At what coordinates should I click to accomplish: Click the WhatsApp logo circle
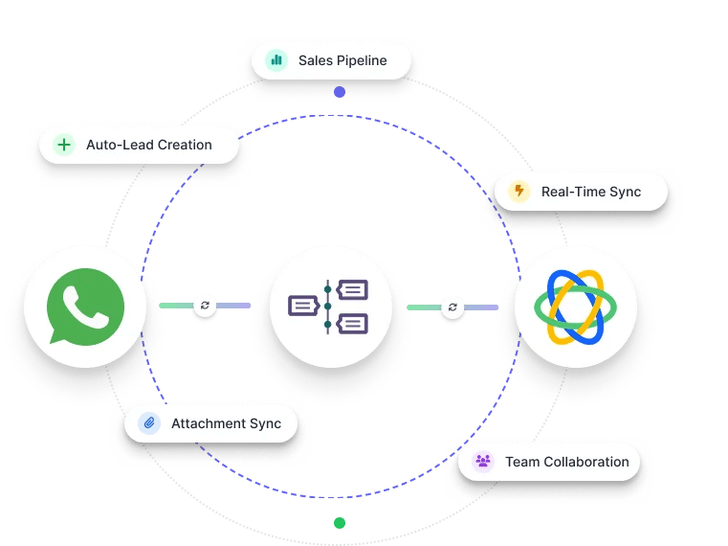click(86, 307)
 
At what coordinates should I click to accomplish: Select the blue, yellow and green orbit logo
click(575, 307)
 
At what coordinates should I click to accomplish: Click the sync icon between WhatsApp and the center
click(205, 306)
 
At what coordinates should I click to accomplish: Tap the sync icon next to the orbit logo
click(452, 307)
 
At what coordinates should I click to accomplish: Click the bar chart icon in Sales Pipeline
click(276, 60)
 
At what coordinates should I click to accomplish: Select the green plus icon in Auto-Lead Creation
click(64, 145)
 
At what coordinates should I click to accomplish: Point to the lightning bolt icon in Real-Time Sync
click(519, 192)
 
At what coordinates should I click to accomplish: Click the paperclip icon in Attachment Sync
click(149, 423)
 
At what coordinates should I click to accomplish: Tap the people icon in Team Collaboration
click(483, 462)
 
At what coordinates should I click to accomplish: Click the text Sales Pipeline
click(342, 60)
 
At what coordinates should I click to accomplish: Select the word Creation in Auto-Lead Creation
click(183, 145)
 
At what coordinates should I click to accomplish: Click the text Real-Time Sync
click(590, 192)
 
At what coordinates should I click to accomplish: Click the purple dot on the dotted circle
click(340, 92)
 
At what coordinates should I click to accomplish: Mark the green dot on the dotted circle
click(340, 523)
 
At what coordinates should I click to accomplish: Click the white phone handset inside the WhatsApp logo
click(86, 305)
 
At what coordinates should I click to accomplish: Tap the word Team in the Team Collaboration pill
click(521, 462)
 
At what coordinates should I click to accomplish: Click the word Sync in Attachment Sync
click(265, 423)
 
